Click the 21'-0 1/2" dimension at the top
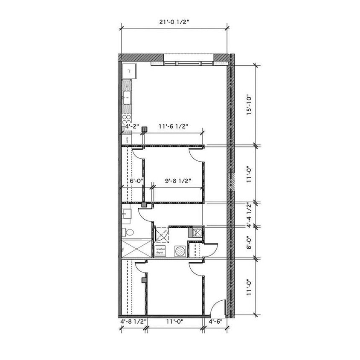[x=176, y=20]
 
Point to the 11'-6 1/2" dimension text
[x=173, y=127]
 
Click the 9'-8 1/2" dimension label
[x=178, y=181]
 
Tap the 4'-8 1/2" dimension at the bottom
[x=133, y=322]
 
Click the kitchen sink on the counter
[x=127, y=98]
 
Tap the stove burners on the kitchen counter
[x=128, y=118]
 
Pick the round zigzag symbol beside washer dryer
[x=180, y=251]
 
